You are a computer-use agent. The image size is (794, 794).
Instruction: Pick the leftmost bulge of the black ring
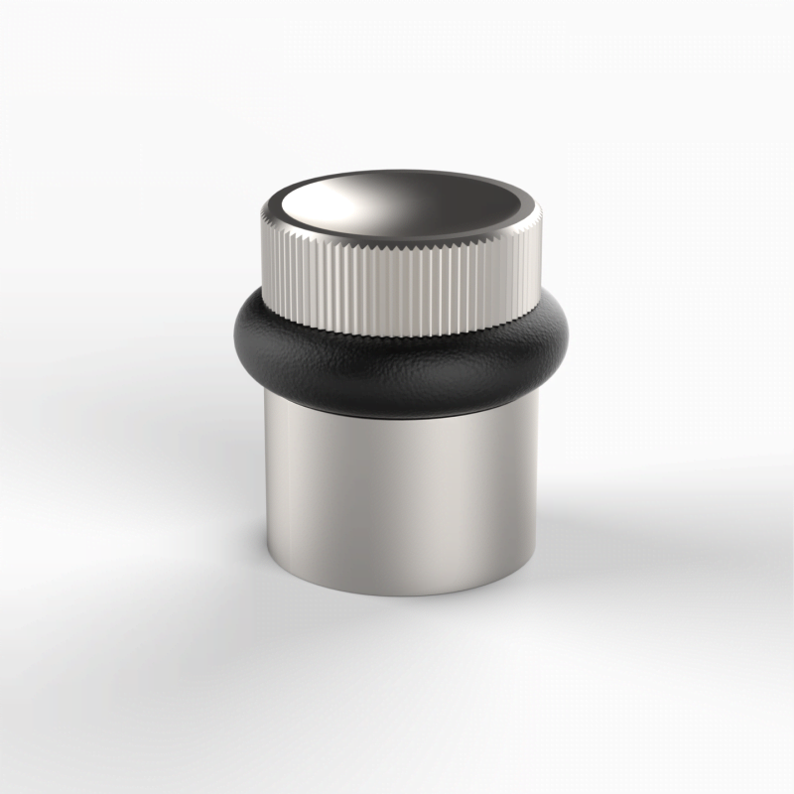pyautogui.click(x=238, y=337)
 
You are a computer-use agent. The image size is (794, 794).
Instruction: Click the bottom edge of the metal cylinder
pyautogui.click(x=402, y=595)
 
